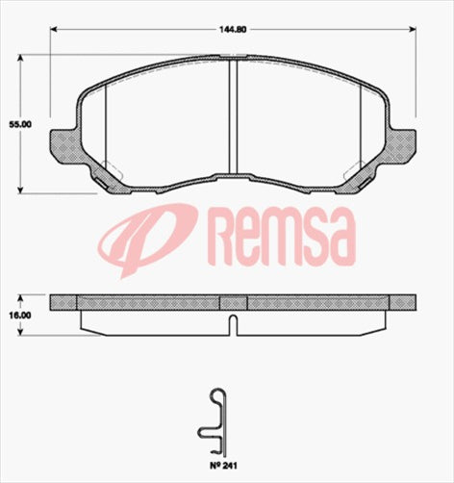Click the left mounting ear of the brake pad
[x=63, y=141]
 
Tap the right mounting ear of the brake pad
[x=403, y=141]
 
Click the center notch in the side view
[x=233, y=324]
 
